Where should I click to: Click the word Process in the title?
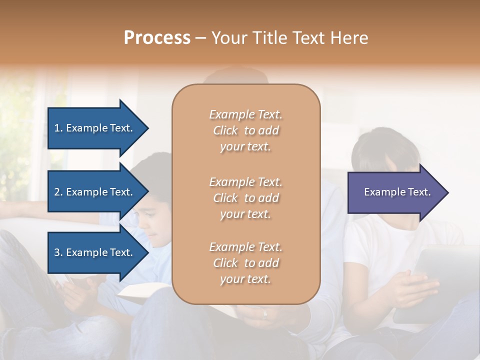click(157, 38)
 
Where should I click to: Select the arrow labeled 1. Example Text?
click(95, 128)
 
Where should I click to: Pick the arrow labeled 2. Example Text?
click(95, 192)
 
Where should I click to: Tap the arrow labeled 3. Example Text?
click(95, 252)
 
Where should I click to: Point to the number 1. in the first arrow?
click(58, 128)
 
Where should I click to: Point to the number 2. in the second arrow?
click(58, 192)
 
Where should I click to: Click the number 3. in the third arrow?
click(58, 252)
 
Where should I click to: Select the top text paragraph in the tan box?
click(245, 130)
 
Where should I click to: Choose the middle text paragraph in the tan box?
click(245, 198)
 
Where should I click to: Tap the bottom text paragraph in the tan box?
click(245, 263)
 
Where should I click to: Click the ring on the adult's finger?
click(265, 314)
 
